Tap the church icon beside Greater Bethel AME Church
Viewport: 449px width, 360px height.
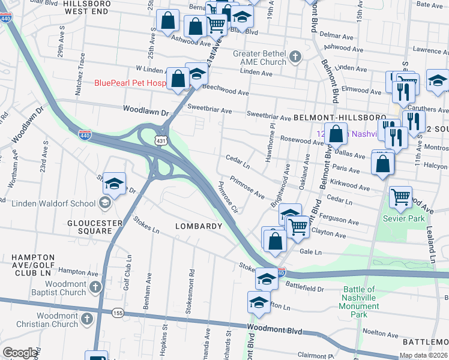pyautogui.click(x=294, y=58)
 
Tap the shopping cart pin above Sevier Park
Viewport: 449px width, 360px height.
pyautogui.click(x=400, y=196)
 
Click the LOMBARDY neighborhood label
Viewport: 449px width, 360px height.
pyautogui.click(x=198, y=226)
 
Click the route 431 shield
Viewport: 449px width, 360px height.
pyautogui.click(x=160, y=140)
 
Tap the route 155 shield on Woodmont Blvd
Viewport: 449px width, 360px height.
pyautogui.click(x=118, y=313)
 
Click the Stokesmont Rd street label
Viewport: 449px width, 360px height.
pyautogui.click(x=193, y=281)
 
